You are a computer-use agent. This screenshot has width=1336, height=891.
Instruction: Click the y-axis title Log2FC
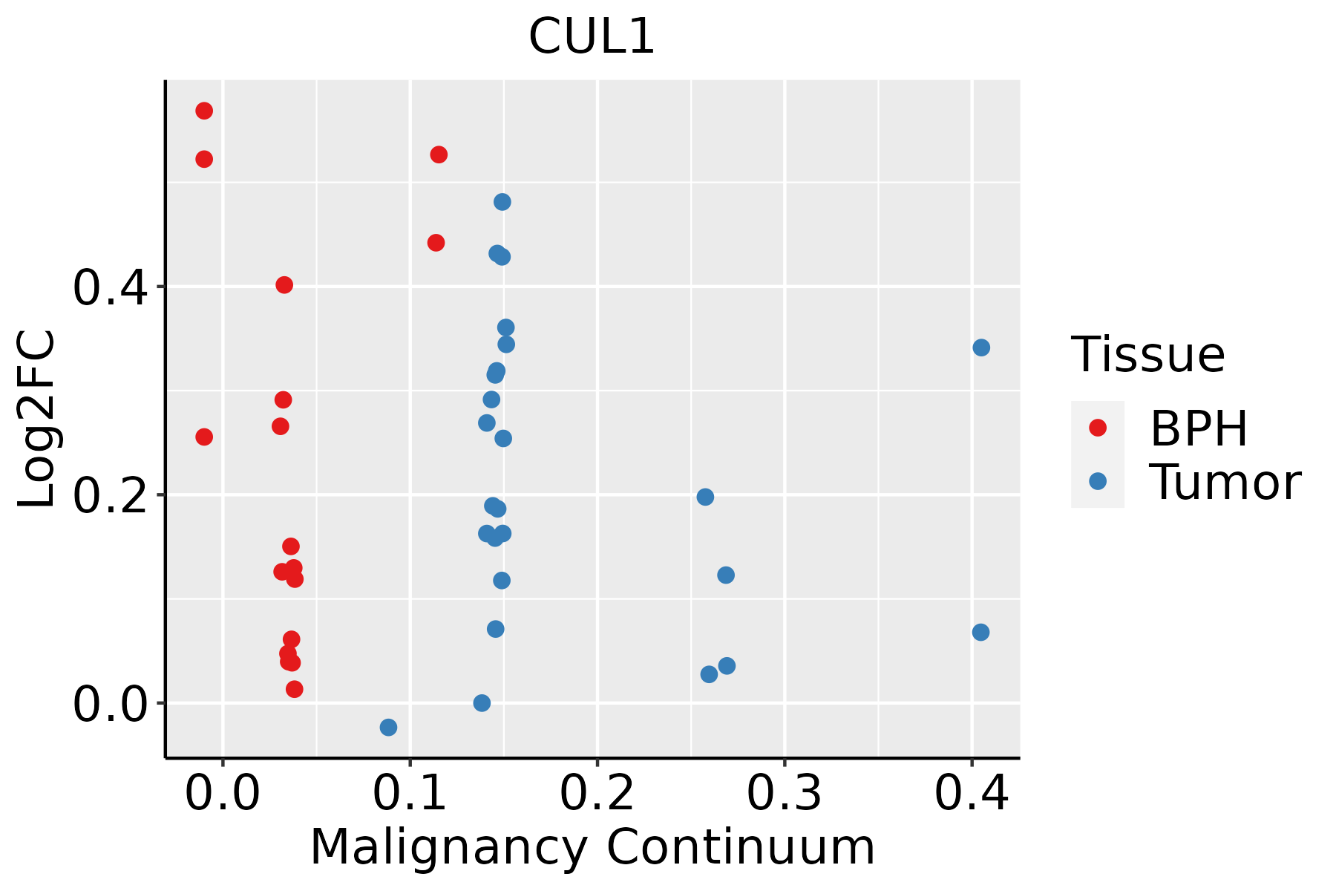click(x=37, y=420)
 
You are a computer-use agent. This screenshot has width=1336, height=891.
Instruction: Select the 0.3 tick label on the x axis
click(x=784, y=793)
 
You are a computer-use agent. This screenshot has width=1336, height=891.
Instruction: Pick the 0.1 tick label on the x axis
click(x=410, y=793)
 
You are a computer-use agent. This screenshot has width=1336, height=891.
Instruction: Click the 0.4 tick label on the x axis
click(x=971, y=793)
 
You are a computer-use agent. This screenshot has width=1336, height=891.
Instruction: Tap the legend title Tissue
click(x=1148, y=355)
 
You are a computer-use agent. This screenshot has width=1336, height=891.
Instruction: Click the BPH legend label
click(x=1199, y=428)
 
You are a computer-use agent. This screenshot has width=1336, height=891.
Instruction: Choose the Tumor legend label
click(x=1225, y=483)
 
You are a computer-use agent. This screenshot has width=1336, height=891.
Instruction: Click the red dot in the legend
click(x=1097, y=428)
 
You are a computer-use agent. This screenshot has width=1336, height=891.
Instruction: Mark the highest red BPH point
click(x=204, y=111)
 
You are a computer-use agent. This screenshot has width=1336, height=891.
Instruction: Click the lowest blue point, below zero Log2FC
click(x=388, y=727)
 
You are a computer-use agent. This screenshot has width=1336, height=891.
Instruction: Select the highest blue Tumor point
click(x=502, y=202)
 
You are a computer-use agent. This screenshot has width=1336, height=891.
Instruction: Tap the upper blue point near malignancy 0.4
click(x=981, y=347)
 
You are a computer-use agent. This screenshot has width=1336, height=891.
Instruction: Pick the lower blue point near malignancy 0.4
click(x=980, y=633)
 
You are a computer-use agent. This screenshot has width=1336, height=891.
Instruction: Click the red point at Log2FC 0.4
click(x=284, y=285)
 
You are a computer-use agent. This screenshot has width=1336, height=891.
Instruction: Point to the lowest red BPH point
click(x=295, y=689)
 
